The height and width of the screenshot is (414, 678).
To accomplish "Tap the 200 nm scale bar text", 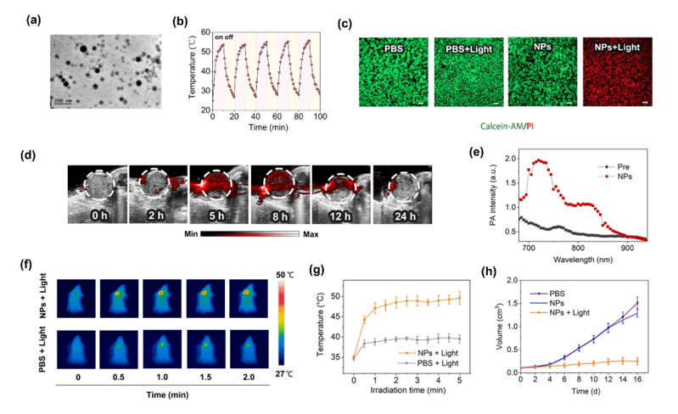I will [x=62, y=101].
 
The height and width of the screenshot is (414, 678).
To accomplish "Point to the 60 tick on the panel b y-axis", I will [x=204, y=32].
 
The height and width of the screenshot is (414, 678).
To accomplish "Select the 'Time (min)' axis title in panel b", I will [x=266, y=126].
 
